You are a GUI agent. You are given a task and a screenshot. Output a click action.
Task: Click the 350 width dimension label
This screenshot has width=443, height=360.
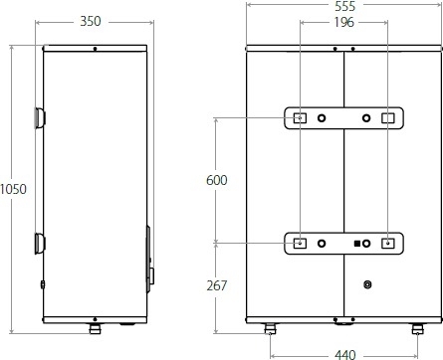91,21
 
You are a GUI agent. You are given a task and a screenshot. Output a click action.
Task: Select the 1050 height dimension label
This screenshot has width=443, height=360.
13,189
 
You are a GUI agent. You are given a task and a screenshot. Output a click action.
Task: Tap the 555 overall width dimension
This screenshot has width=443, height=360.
345,6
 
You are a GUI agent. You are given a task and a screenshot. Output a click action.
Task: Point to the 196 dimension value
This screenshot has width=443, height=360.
344,22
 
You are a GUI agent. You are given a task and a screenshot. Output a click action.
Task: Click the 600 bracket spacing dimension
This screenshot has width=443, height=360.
217,180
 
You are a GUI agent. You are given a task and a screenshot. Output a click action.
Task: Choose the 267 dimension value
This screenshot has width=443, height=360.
217,285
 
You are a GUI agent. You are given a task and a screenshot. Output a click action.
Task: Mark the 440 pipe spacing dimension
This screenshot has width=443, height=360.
345,355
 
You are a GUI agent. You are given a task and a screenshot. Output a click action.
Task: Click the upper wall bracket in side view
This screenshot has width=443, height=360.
40,118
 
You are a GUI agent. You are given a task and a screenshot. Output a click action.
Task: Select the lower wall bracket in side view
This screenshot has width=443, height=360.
40,244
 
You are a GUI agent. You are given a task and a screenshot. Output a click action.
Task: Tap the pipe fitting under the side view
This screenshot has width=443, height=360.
96,329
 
